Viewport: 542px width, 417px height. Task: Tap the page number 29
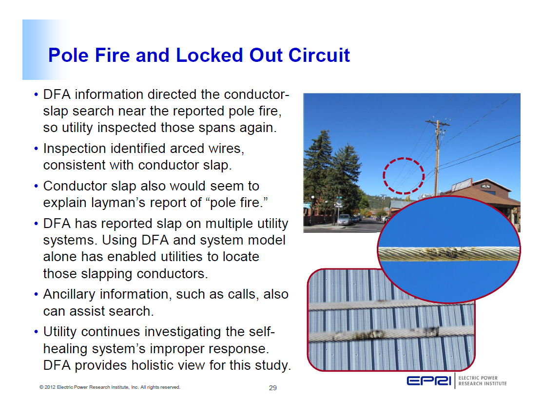click(x=273, y=388)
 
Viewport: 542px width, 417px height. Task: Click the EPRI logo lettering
click(x=429, y=381)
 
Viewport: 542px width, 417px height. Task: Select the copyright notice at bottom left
click(x=110, y=387)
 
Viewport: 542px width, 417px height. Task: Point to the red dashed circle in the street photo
click(x=404, y=176)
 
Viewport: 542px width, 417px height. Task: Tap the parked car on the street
click(x=344, y=219)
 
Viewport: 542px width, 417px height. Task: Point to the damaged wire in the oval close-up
click(x=448, y=253)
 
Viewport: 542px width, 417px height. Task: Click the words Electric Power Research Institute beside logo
click(x=482, y=380)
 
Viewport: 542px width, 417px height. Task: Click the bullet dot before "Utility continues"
click(x=37, y=332)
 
